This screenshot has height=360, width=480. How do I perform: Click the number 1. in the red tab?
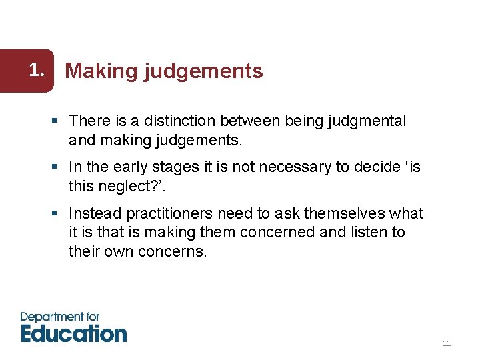pyautogui.click(x=40, y=69)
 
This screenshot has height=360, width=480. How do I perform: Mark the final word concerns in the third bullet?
pyautogui.click(x=173, y=251)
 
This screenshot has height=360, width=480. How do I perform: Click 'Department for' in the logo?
pyautogui.click(x=60, y=317)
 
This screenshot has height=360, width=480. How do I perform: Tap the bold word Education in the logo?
pyautogui.click(x=73, y=333)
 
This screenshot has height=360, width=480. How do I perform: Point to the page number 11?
pyautogui.click(x=447, y=343)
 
